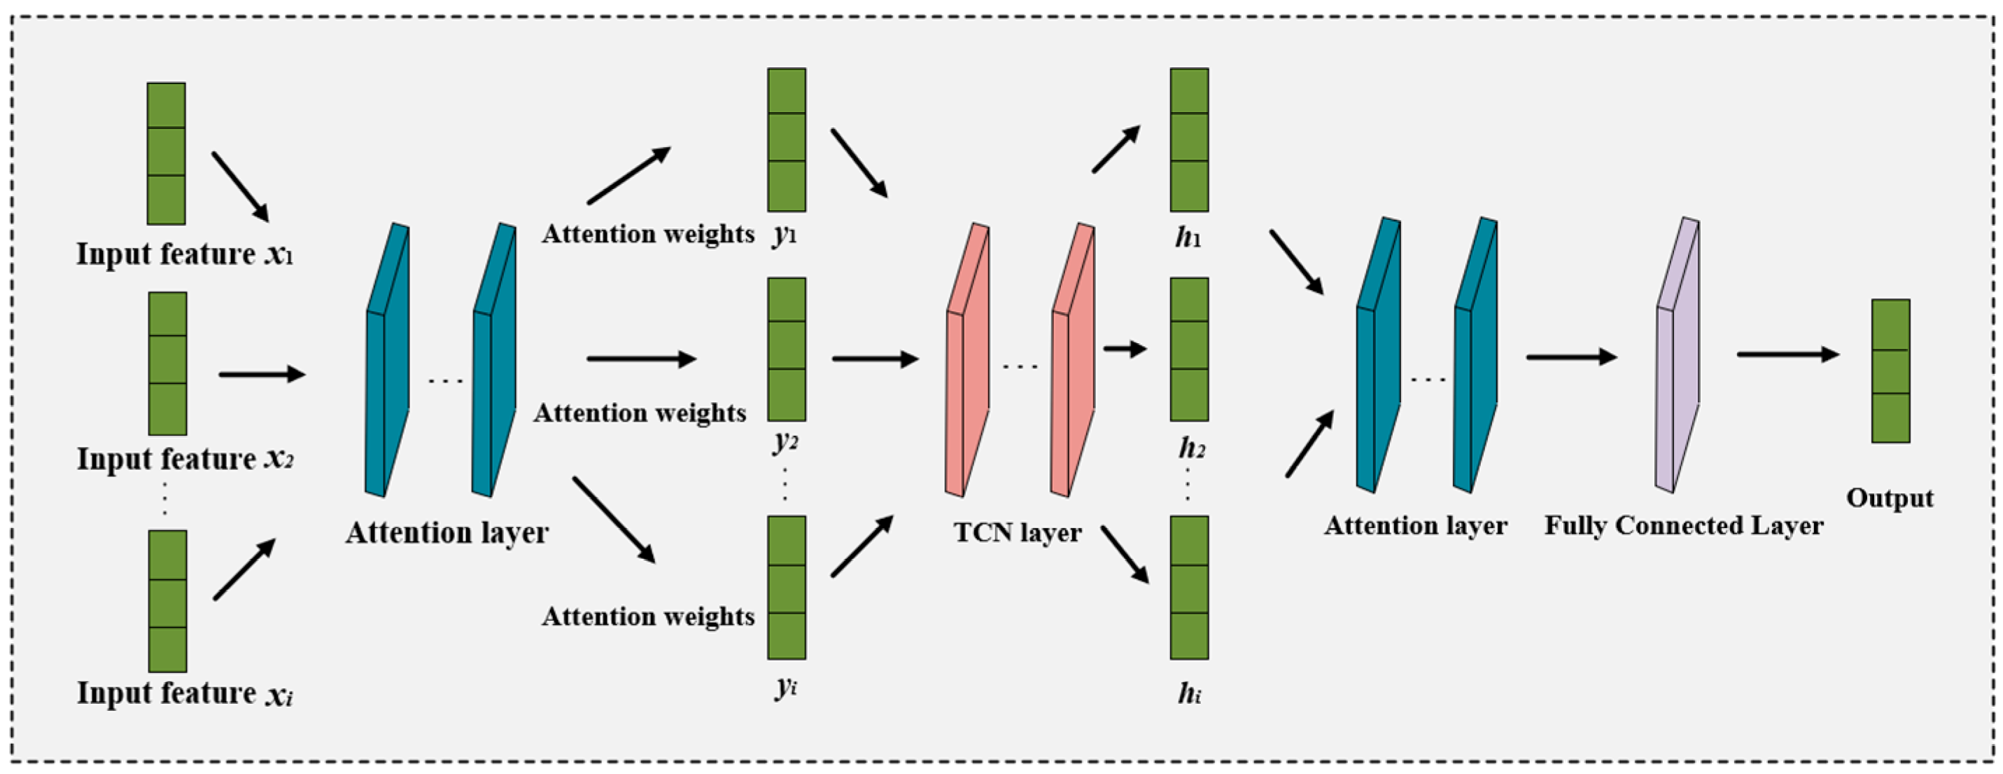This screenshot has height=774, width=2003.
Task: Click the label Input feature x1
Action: (185, 254)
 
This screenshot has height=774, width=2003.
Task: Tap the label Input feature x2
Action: (185, 459)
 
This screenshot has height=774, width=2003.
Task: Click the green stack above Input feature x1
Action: (167, 153)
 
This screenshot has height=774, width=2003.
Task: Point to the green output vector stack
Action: (1890, 371)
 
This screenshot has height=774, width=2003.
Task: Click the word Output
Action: (1890, 498)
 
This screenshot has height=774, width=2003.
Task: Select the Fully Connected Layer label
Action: (1683, 526)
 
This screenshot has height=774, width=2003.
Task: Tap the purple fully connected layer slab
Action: (1677, 356)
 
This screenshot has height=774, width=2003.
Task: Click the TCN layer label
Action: (1017, 533)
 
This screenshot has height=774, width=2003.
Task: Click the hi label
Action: (1189, 692)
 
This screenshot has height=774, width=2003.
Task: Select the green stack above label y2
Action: (786, 350)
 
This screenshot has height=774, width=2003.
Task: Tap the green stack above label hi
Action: (1189, 587)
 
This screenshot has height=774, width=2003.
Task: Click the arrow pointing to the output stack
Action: (1787, 354)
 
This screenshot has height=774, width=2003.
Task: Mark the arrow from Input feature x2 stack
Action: (261, 374)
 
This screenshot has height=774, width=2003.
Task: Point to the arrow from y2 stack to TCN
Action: (875, 359)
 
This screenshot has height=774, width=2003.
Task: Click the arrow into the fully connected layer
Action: (1571, 357)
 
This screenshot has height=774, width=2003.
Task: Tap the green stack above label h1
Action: (1189, 140)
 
